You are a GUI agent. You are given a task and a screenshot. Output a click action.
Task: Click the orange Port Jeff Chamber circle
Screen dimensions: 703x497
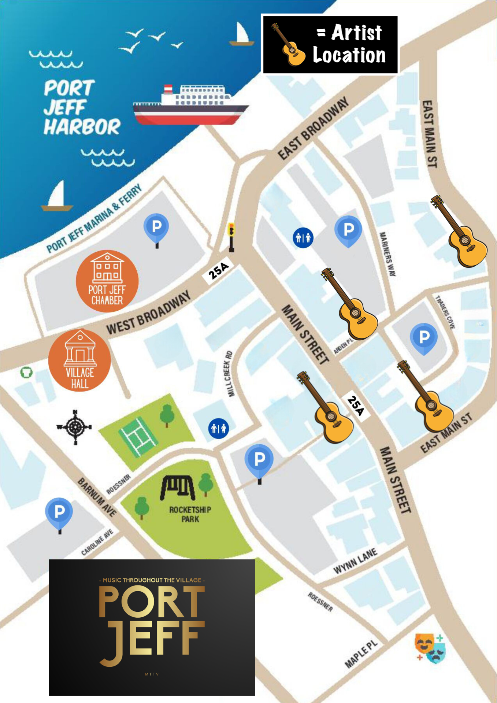tap(107, 281)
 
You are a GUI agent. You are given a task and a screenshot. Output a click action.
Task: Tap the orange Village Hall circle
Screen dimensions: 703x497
tap(79, 360)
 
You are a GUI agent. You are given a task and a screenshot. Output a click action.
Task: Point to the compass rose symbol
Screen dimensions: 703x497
tap(75, 427)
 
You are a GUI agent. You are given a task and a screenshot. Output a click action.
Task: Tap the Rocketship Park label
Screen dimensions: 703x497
tap(190, 514)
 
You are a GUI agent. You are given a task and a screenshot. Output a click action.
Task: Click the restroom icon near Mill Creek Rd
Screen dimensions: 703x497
tap(219, 428)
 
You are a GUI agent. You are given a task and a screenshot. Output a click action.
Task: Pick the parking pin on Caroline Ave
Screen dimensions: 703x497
tap(59, 513)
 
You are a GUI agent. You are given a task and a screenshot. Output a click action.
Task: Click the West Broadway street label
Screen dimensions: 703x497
tap(148, 312)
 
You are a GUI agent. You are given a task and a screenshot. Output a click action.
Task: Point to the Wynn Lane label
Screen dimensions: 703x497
tap(355, 560)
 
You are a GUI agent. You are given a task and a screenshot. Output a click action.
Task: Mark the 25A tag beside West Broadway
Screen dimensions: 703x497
tap(218, 271)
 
